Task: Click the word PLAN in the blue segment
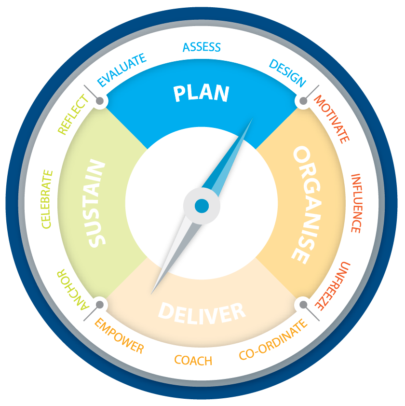201,93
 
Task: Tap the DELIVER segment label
202,312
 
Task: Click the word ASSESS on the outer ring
202,47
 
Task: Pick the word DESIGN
287,73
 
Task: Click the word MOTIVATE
332,119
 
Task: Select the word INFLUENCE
356,203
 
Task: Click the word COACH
193,360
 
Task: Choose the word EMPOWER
119,336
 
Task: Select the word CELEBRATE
47,199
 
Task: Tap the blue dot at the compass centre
202,206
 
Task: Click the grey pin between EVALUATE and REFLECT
100,101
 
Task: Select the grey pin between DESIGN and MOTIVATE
303,101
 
